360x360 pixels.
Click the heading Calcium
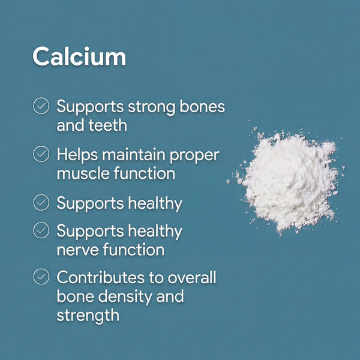pyautogui.click(x=79, y=56)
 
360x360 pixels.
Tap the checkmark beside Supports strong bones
pyautogui.click(x=41, y=107)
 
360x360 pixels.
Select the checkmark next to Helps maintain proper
pyautogui.click(x=41, y=155)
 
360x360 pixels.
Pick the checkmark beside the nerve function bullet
pyautogui.click(x=41, y=230)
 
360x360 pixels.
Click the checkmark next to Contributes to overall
pyautogui.click(x=41, y=277)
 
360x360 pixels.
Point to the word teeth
pyautogui.click(x=110, y=126)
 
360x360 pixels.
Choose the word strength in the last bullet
pyautogui.click(x=88, y=315)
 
